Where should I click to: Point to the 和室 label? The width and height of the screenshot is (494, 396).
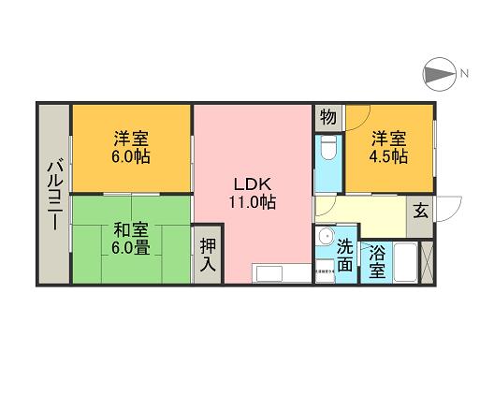pos(129,227)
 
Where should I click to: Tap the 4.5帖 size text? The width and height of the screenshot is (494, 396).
pos(388,157)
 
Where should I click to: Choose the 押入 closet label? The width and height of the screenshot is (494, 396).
pos(208,256)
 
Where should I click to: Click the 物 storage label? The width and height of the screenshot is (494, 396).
pos(327,118)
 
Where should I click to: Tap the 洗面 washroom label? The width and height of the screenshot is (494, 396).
pos(345,257)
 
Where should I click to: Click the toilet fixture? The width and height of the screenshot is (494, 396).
pos(328,150)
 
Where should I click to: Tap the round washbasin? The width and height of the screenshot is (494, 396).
pos(325,237)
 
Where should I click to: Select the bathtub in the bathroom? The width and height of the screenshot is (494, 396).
pos(404,262)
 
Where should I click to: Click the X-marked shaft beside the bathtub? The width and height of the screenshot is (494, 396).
pos(428,262)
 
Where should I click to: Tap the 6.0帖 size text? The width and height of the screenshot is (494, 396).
pos(131,157)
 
